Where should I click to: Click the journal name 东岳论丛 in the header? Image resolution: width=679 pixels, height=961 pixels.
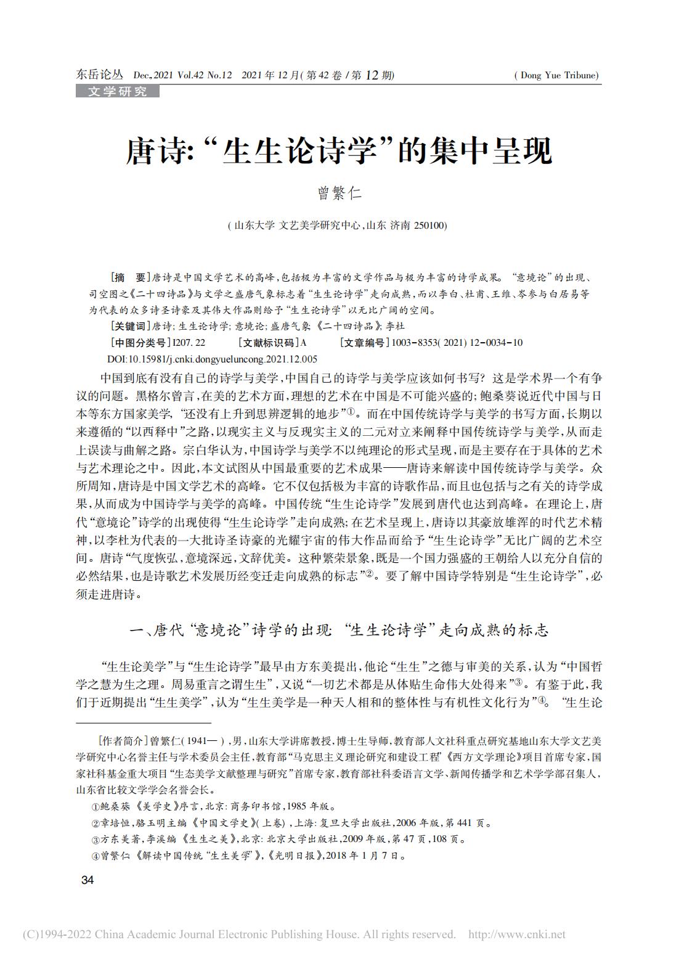(99, 75)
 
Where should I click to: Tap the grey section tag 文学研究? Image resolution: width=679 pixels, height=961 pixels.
(117, 92)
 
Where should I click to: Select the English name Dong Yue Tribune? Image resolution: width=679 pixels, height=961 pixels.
(556, 76)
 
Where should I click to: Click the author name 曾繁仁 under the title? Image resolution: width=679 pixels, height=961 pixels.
(339, 194)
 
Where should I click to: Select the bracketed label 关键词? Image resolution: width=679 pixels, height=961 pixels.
(128, 326)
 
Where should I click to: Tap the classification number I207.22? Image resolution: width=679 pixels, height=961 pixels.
(189, 342)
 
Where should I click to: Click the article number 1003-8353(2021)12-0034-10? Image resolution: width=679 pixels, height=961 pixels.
(457, 342)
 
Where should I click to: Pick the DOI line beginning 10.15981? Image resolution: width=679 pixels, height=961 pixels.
(212, 359)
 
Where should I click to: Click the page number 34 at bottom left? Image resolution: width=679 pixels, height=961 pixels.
(87, 880)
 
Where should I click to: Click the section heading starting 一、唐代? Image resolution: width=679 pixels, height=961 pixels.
(339, 631)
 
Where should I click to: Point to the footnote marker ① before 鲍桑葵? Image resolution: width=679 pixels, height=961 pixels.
(95, 806)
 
